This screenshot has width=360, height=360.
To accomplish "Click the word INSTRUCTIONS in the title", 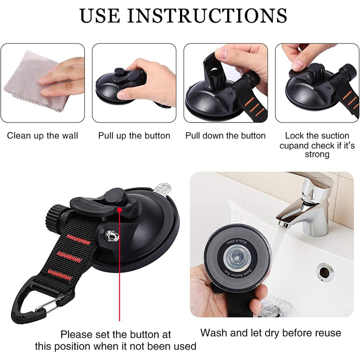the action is tap(207, 16).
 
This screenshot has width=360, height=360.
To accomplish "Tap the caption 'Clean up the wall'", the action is tap(43, 136).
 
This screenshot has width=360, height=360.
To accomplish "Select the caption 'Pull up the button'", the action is tap(134, 136).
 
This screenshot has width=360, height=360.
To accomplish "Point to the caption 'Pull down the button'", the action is tap(225, 136).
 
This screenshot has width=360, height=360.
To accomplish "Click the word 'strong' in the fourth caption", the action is tap(317, 154).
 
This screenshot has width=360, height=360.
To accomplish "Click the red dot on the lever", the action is tap(119, 209).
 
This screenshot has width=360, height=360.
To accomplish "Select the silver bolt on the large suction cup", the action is tap(112, 236).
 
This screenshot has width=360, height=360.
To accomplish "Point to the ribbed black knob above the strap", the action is tap(56, 217).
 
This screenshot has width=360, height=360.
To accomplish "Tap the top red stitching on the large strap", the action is tap(79, 240).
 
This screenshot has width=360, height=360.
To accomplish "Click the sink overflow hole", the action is tap(325, 272).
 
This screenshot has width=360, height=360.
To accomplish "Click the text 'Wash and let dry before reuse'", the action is tap(271, 333).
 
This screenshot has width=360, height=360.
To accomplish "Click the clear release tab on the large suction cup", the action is tap(162, 189).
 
